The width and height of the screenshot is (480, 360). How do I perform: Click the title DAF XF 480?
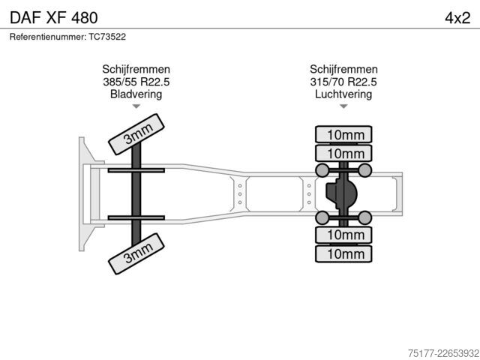tap(54, 18)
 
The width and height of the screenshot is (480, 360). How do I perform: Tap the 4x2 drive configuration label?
tap(457, 18)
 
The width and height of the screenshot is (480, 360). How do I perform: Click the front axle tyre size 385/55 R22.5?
tap(136, 82)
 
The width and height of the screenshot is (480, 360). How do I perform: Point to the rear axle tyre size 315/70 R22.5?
tap(343, 82)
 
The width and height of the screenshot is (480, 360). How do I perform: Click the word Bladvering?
tap(136, 94)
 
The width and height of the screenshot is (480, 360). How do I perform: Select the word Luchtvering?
tap(343, 94)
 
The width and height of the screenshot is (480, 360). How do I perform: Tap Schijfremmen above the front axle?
tap(136, 70)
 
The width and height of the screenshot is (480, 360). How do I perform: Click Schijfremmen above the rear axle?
tap(343, 70)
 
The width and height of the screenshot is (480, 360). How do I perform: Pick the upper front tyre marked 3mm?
tap(136, 134)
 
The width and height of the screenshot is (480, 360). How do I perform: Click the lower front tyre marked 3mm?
tap(136, 253)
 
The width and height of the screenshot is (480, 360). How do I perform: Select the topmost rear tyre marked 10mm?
tap(343, 134)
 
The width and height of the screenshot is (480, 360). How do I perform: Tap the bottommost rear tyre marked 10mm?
tap(343, 253)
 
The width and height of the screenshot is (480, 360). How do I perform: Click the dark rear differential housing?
tap(341, 194)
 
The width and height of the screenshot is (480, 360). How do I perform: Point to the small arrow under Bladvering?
tap(136, 106)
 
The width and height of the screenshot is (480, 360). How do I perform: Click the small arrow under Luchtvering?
tap(343, 106)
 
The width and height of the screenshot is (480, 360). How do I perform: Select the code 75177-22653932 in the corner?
tap(443, 353)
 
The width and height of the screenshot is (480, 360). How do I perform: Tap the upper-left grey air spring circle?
tap(322, 170)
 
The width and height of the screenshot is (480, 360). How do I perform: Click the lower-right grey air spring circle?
tap(365, 218)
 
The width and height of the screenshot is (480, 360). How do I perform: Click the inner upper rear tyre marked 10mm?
tap(343, 153)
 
